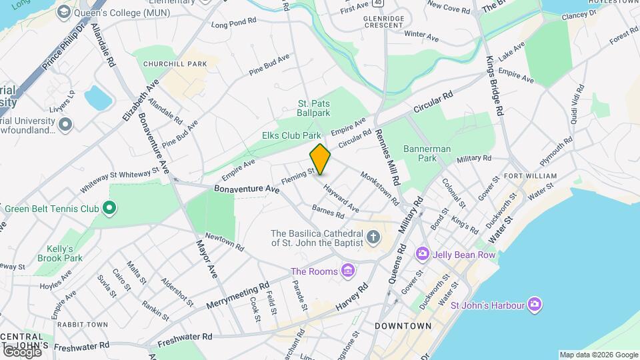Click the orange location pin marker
coord(320,159)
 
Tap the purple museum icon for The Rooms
coord(347,270)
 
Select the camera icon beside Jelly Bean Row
coord(422,253)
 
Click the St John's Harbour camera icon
coord(534,305)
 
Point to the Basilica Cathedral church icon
coord(373,237)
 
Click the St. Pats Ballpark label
coord(314,108)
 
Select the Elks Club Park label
coord(291,135)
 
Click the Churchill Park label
coord(175,64)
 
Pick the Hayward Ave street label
coord(341,197)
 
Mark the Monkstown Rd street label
coord(380,189)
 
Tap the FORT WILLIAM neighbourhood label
coord(531,176)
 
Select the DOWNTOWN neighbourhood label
coord(403,326)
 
